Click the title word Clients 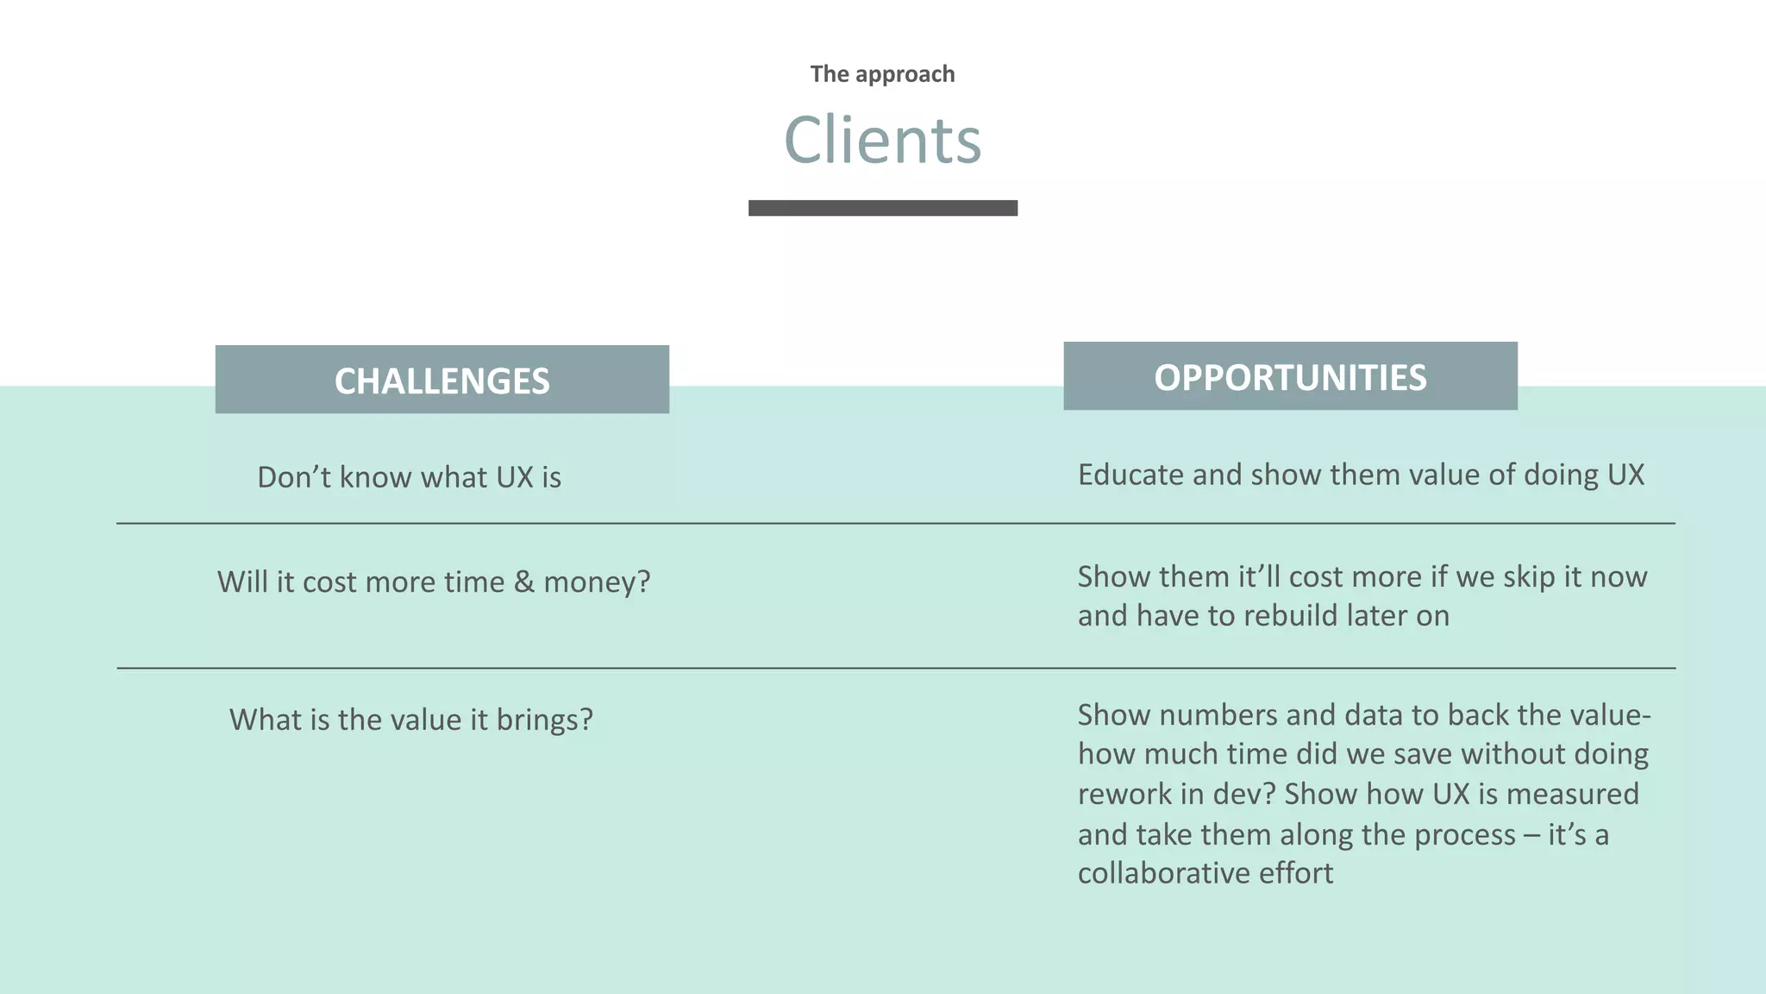(882, 141)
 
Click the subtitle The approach (882, 74)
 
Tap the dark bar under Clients (882, 208)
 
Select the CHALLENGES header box (441, 380)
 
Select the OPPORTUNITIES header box (1290, 376)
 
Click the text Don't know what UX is (409, 477)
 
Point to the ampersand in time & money (523, 582)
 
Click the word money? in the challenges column (597, 582)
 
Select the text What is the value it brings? (410, 720)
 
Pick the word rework (1124, 794)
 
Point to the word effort (1296, 873)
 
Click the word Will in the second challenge (242, 582)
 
